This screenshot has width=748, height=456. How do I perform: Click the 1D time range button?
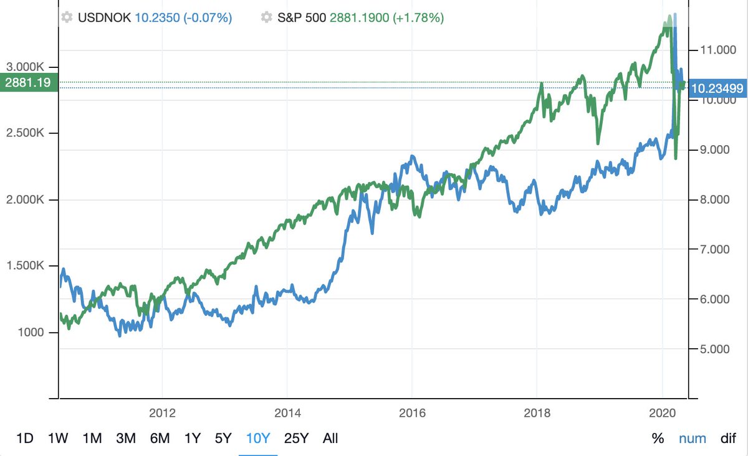point(24,438)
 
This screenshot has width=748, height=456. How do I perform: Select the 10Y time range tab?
point(258,438)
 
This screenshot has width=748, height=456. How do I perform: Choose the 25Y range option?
point(296,438)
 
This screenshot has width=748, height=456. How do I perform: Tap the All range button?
point(330,438)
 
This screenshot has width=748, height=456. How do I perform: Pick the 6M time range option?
point(160,438)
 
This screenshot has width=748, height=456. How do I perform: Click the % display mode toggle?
point(658,438)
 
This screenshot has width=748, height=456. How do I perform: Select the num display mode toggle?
point(693,438)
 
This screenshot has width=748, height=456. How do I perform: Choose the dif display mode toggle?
point(728,438)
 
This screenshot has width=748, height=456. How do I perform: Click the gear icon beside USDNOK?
point(67,18)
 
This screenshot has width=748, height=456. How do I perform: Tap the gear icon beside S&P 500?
point(267,18)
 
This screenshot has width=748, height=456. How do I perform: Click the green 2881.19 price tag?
point(28,82)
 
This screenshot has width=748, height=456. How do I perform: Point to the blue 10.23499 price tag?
point(717,88)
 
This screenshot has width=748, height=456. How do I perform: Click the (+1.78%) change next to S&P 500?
point(419,18)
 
